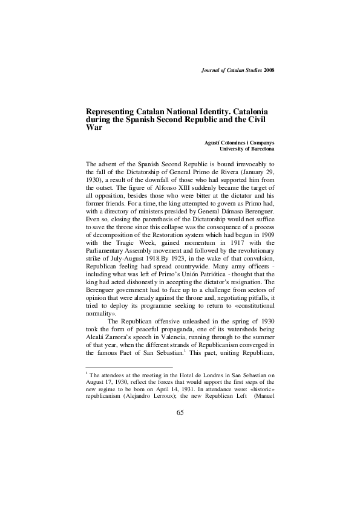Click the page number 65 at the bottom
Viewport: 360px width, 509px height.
pyautogui.click(x=180, y=412)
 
